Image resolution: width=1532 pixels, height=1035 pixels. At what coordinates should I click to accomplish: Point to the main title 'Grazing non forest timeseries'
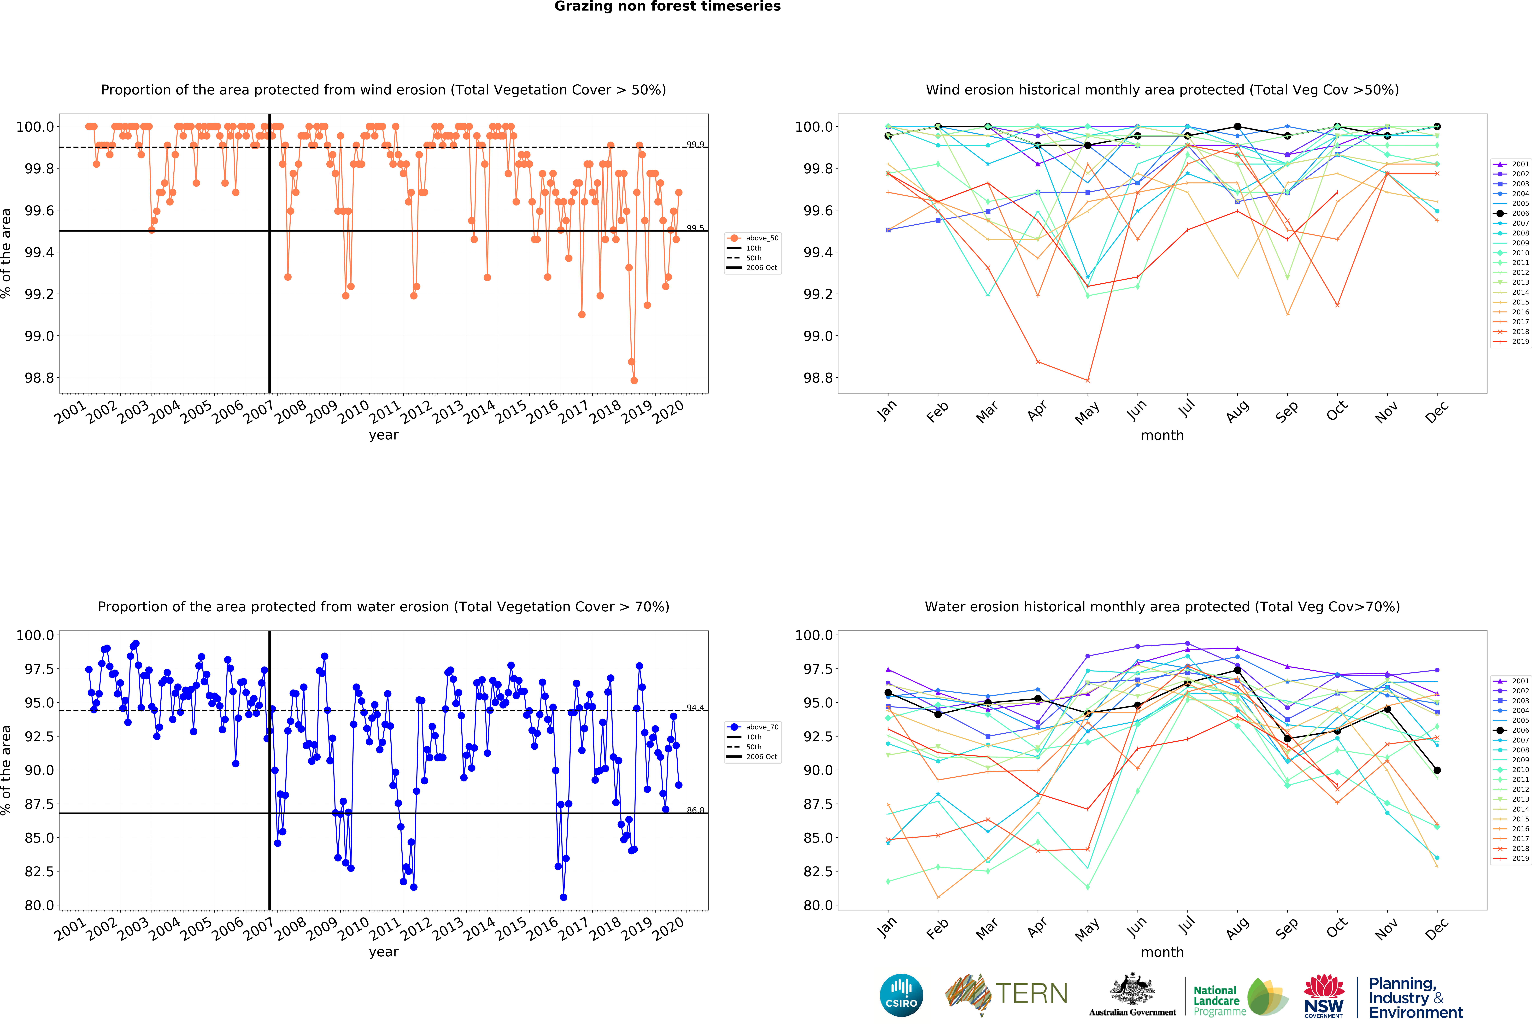click(667, 7)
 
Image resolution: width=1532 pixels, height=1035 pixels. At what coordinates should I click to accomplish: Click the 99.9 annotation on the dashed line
click(695, 144)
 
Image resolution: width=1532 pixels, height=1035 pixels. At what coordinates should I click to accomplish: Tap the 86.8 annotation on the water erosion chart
click(695, 810)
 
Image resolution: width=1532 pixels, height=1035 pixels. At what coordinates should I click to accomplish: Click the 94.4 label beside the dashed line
click(695, 707)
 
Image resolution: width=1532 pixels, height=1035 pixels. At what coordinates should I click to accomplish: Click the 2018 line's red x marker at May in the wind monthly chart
click(1088, 380)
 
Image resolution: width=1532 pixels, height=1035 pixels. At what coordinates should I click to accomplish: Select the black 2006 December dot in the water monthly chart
click(1437, 770)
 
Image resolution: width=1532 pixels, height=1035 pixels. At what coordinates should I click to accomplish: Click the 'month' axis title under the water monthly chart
click(1162, 952)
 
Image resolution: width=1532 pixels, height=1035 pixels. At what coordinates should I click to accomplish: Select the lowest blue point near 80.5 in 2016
click(563, 897)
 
